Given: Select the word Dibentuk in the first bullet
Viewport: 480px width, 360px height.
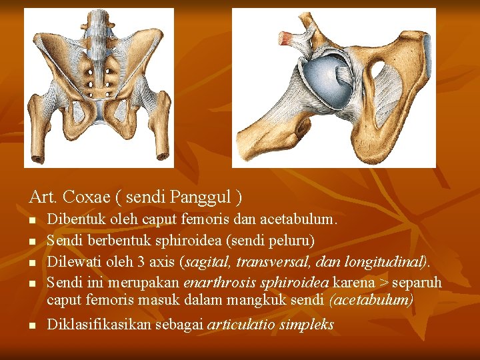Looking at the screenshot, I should click(73, 219).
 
